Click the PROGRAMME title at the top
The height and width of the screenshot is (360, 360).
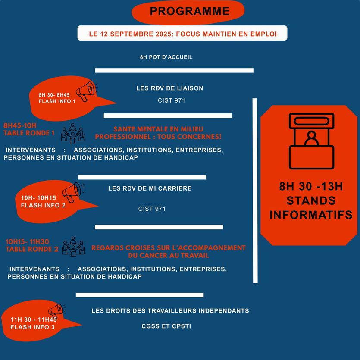[x=190, y=11]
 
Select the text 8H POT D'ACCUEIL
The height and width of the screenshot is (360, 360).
[x=166, y=57]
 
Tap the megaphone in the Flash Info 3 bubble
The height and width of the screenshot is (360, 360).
[x=56, y=310]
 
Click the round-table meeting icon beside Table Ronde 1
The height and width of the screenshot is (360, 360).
[x=72, y=133]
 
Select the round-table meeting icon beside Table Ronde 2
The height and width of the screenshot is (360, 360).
[x=73, y=246]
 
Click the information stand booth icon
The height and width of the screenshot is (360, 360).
[x=311, y=141]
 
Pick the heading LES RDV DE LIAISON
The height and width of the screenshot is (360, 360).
[x=170, y=88]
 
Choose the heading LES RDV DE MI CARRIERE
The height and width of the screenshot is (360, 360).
[x=150, y=188]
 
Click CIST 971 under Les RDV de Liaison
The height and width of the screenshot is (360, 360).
[x=171, y=100]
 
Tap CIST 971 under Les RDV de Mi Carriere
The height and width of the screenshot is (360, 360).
[x=152, y=209]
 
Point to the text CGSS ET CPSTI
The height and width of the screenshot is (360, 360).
[x=166, y=326]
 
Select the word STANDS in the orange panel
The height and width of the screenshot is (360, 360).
[x=311, y=200]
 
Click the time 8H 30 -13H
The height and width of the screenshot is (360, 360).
[x=311, y=186]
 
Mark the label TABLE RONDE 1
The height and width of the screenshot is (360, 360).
[x=29, y=133]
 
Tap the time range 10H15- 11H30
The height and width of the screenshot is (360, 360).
[x=27, y=241]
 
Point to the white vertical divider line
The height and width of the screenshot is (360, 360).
[x=255, y=191]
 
